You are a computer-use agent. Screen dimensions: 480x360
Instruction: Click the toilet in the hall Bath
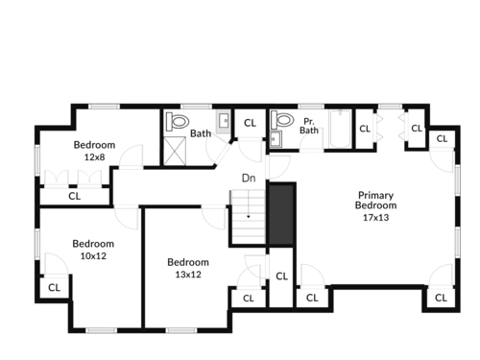pos(177,122)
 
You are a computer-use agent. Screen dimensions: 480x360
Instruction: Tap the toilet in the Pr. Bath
pos(282,120)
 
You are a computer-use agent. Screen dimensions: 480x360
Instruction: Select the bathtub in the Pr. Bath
pos(340,129)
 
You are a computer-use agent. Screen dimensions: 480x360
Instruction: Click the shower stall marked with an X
pos(175,151)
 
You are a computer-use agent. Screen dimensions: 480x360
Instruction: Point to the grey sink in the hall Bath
pos(224,122)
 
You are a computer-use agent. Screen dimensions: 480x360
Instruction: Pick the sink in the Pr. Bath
pos(276,139)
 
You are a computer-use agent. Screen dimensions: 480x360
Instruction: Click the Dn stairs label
pos(249,178)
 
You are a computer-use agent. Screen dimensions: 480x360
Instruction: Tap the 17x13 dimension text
pos(375,218)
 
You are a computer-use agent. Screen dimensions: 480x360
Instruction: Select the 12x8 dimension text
pos(94,157)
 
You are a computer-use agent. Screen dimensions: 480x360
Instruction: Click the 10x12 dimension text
pos(93,256)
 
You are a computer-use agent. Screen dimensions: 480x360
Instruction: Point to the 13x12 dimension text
pos(188,275)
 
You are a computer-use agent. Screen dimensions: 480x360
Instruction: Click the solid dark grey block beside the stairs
pos(281,214)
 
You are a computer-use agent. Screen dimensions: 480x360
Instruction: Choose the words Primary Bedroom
pos(375,201)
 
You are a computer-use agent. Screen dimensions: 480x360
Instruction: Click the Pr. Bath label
pos(309,126)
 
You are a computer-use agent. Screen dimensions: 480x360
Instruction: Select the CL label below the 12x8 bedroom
pos(75,196)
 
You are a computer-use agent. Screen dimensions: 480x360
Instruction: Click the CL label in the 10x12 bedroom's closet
pos(54,288)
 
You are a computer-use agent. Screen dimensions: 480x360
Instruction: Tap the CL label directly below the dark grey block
pos(281,276)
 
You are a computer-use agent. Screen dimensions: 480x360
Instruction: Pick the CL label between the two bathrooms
pos(250,123)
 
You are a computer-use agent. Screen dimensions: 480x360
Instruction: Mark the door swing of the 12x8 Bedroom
pos(132,156)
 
